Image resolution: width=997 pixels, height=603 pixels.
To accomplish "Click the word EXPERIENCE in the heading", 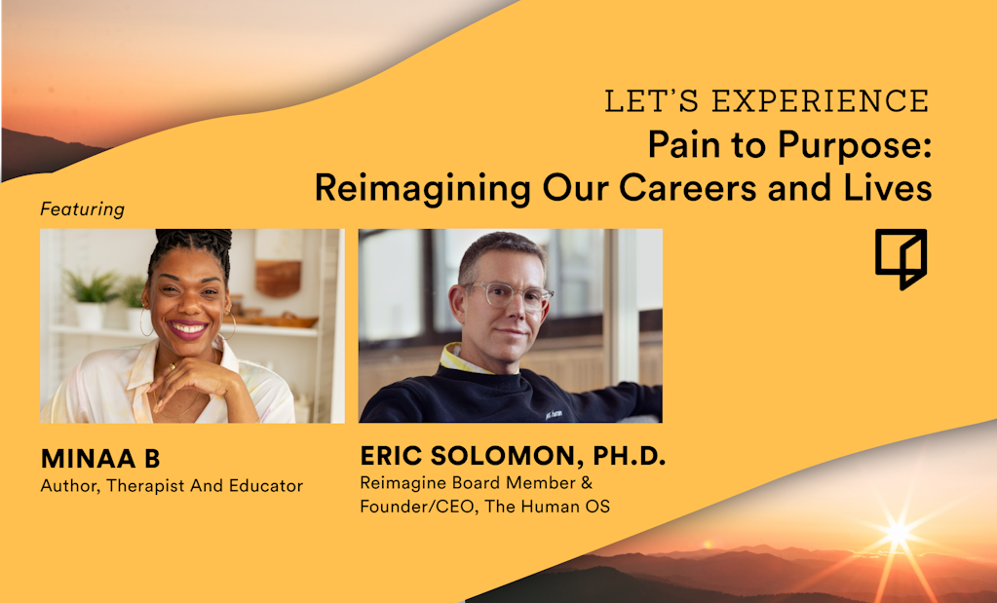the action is pyautogui.click(x=821, y=101).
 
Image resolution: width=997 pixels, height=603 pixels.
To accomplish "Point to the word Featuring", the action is pyautogui.click(x=82, y=209).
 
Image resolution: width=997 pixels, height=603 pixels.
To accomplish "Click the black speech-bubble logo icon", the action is pyautogui.click(x=901, y=258).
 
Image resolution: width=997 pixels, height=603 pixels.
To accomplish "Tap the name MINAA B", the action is pyautogui.click(x=100, y=459).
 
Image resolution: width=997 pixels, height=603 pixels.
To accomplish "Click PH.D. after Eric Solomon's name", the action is pyautogui.click(x=630, y=456).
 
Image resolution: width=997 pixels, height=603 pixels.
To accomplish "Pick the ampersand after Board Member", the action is pyautogui.click(x=587, y=483).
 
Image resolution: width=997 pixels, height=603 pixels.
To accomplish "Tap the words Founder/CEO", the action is pyautogui.click(x=416, y=507).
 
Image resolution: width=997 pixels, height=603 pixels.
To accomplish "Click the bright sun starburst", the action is pyautogui.click(x=898, y=533).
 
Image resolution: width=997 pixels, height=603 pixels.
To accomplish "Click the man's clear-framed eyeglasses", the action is pyautogui.click(x=509, y=295).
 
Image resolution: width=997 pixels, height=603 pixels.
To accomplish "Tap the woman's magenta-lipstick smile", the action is pyautogui.click(x=187, y=330).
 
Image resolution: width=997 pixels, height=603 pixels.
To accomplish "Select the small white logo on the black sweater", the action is pyautogui.click(x=554, y=415).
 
